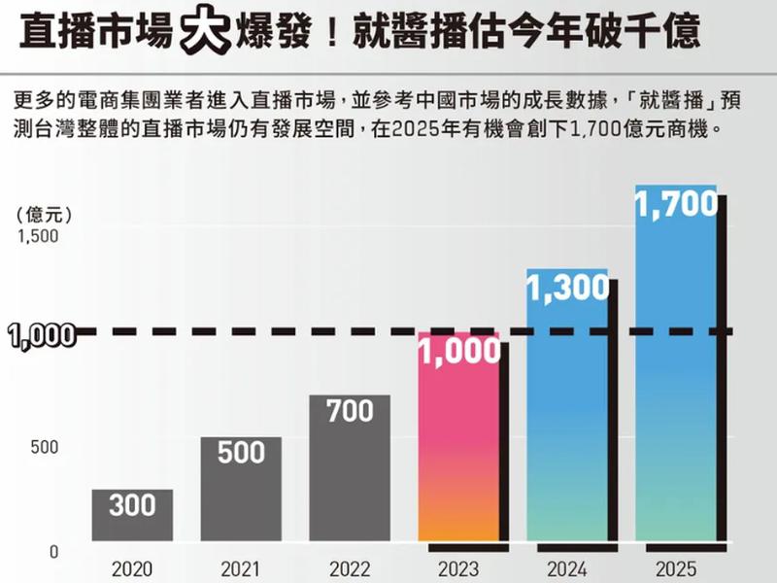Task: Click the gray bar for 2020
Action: click(132, 515)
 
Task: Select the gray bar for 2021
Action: click(241, 491)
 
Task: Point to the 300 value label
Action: click(132, 506)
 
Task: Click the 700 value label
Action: click(350, 412)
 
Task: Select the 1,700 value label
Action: click(676, 204)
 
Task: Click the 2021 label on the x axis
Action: click(241, 568)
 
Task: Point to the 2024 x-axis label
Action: click(567, 568)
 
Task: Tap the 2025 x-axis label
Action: click(676, 568)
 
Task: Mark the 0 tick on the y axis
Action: click(54, 551)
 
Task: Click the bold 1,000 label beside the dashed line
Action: click(41, 335)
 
